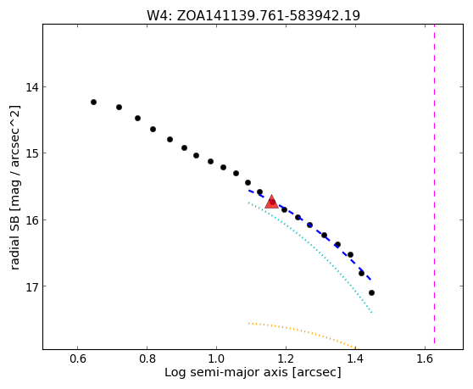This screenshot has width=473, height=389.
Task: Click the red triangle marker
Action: tap(271, 202)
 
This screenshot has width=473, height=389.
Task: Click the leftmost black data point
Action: tap(93, 103)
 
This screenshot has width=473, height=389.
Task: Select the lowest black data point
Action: tap(371, 292)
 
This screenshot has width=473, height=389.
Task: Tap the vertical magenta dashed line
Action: tap(434, 184)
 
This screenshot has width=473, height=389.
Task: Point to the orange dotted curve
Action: tap(302, 331)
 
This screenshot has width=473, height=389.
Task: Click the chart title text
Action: tap(253, 15)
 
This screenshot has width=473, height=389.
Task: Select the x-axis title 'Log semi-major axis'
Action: tap(226, 372)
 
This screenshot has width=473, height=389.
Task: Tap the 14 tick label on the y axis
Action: tap(32, 87)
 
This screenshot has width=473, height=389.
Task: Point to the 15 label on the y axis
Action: tap(32, 153)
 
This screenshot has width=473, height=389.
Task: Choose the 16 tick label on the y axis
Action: tap(32, 220)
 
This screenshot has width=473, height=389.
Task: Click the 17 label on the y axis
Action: tap(32, 286)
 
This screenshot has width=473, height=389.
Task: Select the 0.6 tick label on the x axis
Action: tap(77, 358)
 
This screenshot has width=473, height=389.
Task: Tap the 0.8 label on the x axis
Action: tap(147, 358)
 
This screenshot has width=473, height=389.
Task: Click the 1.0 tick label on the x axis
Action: tap(216, 358)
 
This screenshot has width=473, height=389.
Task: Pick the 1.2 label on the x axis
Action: tap(286, 358)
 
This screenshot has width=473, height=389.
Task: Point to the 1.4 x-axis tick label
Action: tap(355, 358)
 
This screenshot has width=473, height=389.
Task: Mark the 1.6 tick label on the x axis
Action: tap(425, 358)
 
